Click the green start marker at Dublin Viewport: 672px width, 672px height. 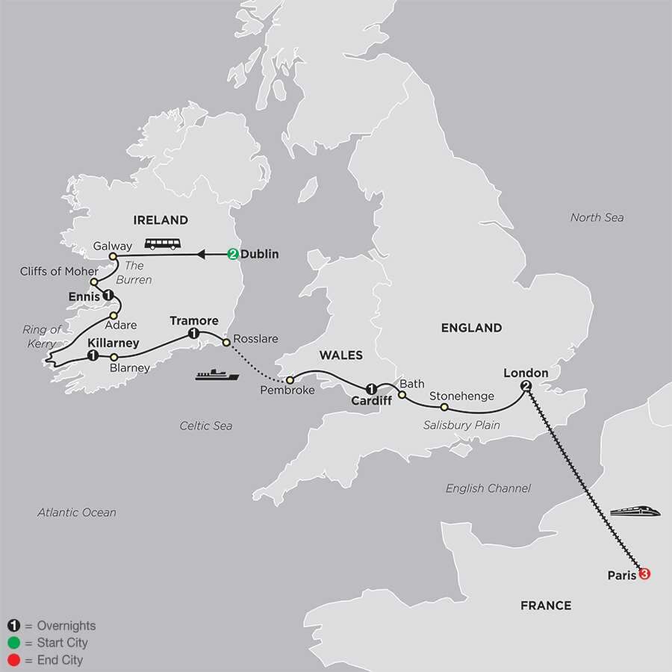233,255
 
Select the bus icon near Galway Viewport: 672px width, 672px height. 162,243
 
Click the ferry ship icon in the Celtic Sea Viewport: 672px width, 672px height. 217,375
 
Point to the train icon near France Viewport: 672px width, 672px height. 632,512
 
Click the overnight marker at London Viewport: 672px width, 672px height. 526,386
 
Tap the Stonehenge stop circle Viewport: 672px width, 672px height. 444,408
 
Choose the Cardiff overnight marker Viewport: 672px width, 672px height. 371,387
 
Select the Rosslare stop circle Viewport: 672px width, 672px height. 225,344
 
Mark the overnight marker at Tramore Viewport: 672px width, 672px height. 194,334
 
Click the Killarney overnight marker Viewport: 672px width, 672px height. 92,356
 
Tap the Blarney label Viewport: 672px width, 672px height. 129,368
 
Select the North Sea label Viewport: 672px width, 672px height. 597,217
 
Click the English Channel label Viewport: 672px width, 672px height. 488,488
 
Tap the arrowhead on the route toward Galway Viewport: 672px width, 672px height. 201,255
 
